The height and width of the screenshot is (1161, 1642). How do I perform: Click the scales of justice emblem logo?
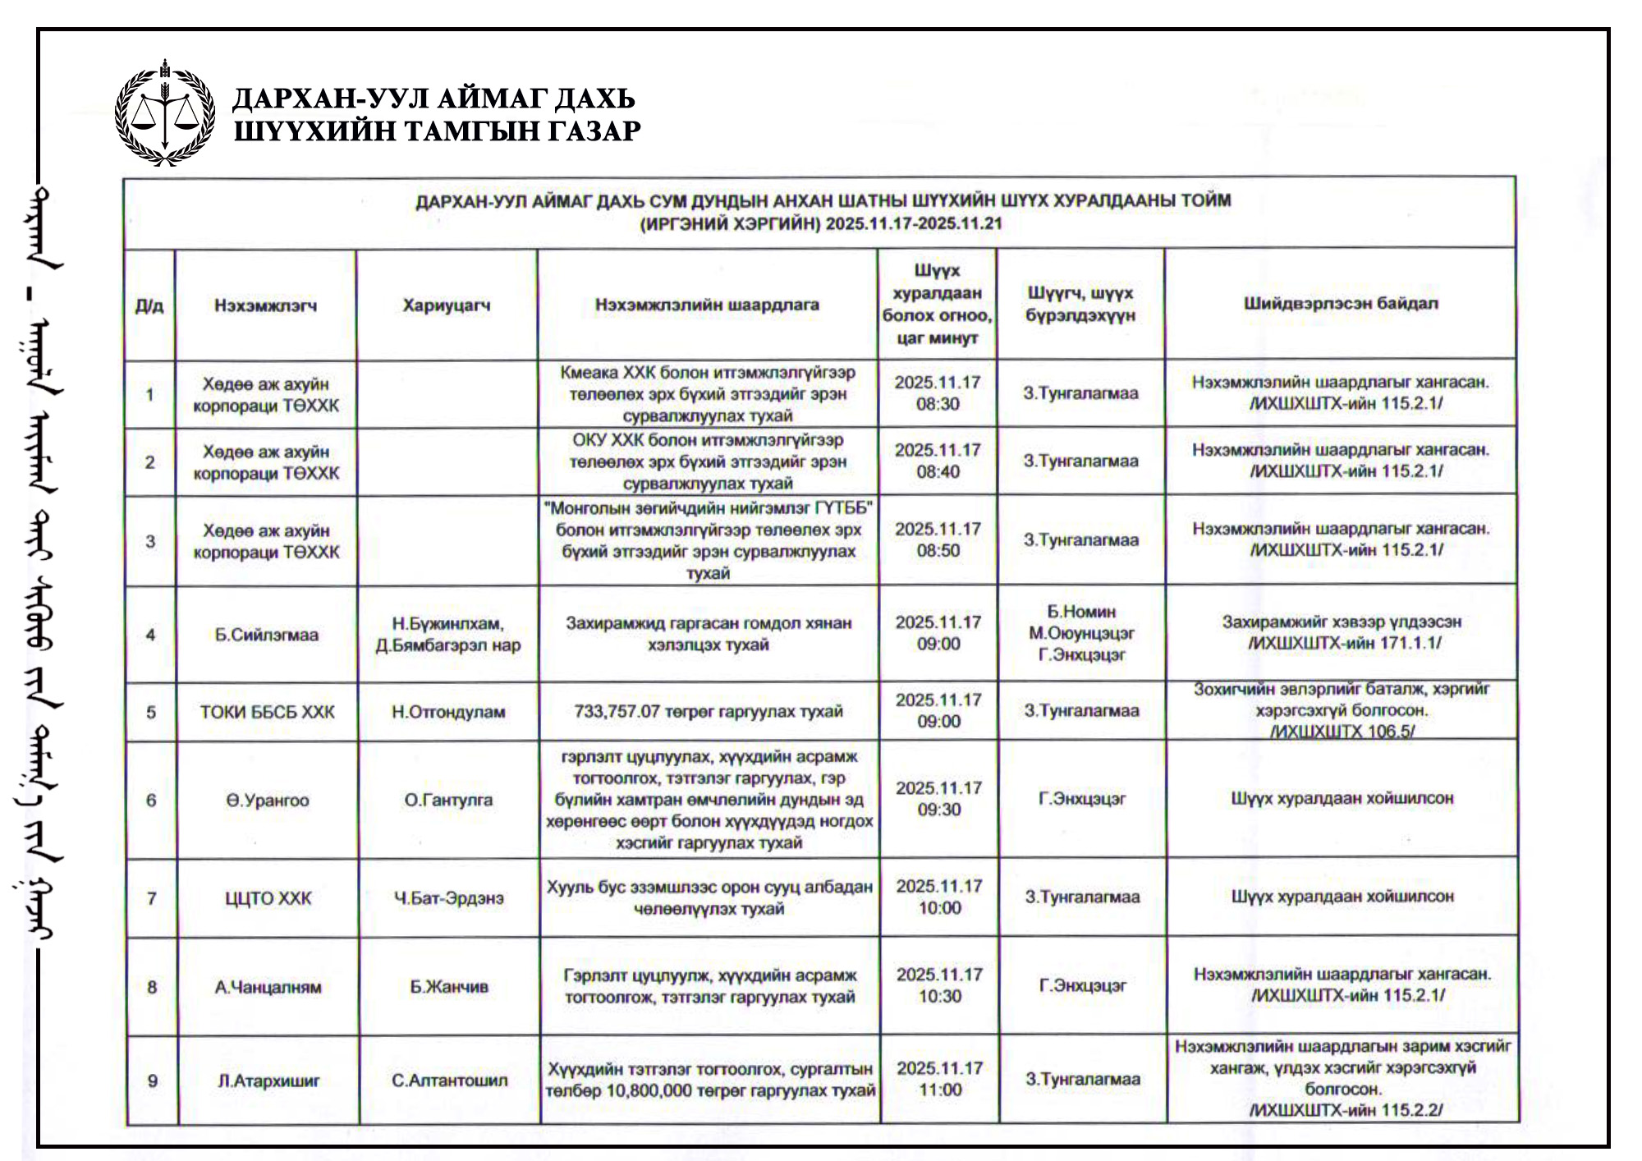[x=165, y=113]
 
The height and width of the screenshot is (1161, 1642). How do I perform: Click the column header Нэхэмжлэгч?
[x=265, y=305]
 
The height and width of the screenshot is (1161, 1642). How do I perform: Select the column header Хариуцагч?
[x=447, y=305]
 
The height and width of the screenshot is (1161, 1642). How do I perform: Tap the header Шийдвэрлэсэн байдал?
[x=1340, y=304]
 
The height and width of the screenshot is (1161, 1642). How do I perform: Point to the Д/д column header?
[x=149, y=306]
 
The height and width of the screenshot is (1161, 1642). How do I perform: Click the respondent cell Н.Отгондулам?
[x=448, y=712]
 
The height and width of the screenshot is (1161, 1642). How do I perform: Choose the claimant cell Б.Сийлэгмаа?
[x=267, y=635]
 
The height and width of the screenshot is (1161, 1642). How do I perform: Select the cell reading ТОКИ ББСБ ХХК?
[x=268, y=712]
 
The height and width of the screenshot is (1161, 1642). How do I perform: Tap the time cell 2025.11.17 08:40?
[x=938, y=461]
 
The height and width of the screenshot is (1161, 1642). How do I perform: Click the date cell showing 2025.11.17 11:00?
[x=940, y=1079]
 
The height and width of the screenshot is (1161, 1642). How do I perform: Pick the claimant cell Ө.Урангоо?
[x=268, y=801]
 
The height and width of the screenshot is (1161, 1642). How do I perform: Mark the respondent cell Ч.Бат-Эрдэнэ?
[x=448, y=898]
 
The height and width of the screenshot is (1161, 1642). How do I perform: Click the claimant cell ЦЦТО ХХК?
[x=268, y=898]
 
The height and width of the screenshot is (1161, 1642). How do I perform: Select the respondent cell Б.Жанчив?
[x=449, y=987]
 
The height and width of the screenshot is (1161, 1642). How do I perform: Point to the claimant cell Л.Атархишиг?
[x=268, y=1081]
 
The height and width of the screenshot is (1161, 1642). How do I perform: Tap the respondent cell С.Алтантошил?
[x=449, y=1081]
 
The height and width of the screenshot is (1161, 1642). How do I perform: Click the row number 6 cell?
[x=151, y=801]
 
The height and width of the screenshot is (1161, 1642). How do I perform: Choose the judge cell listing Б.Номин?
[x=1081, y=633]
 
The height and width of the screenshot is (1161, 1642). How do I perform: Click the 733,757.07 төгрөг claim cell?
[x=709, y=711]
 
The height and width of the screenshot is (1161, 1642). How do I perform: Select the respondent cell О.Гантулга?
[x=448, y=800]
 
